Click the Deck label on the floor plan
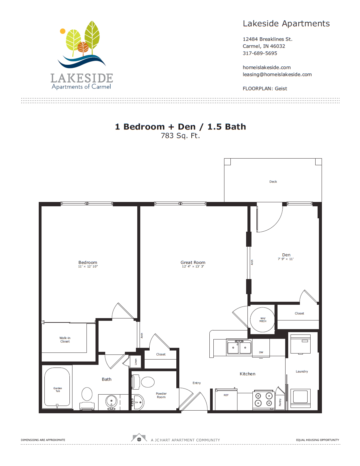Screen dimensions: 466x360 coord(273,182)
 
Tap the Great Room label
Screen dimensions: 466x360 coord(193,262)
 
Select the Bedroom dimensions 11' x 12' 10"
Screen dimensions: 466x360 coord(88,267)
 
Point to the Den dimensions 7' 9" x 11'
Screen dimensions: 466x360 coord(286,259)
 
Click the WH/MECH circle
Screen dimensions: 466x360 coord(262,319)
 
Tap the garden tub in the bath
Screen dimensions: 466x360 coord(57,387)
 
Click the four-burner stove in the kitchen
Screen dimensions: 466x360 coord(263,400)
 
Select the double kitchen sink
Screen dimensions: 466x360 coord(239,347)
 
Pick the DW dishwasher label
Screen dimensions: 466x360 coord(261,352)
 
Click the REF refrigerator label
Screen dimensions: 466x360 coord(226,395)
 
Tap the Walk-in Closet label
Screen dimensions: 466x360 coord(65,340)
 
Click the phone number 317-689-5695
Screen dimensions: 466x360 coord(260,53)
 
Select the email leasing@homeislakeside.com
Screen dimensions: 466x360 coord(277,74)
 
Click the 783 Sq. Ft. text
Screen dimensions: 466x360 coord(180,136)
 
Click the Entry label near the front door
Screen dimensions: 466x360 coord(196,383)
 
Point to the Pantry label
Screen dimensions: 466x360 coord(280,402)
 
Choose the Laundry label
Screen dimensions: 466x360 coord(302,372)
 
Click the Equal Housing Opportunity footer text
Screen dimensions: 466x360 coord(317,440)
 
